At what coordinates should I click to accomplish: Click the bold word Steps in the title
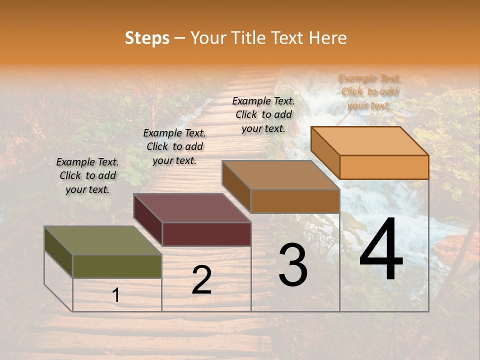(x=147, y=38)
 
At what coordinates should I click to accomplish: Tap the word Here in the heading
(x=328, y=38)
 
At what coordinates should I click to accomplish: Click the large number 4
(x=381, y=250)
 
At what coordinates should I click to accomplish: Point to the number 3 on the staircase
(x=293, y=265)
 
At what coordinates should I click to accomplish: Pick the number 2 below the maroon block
(x=201, y=280)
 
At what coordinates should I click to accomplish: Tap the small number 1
(x=116, y=295)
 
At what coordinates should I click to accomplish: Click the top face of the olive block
(x=102, y=240)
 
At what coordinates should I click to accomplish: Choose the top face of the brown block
(x=280, y=175)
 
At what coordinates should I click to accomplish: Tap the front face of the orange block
(x=384, y=167)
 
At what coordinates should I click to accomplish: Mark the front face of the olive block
(x=117, y=266)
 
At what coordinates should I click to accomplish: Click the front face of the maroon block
(x=206, y=234)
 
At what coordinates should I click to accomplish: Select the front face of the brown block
(x=295, y=201)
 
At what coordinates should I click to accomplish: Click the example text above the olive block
(x=87, y=175)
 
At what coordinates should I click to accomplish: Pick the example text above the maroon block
(x=174, y=146)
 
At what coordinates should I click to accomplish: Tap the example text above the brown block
(x=263, y=114)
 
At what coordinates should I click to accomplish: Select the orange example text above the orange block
(x=369, y=91)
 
